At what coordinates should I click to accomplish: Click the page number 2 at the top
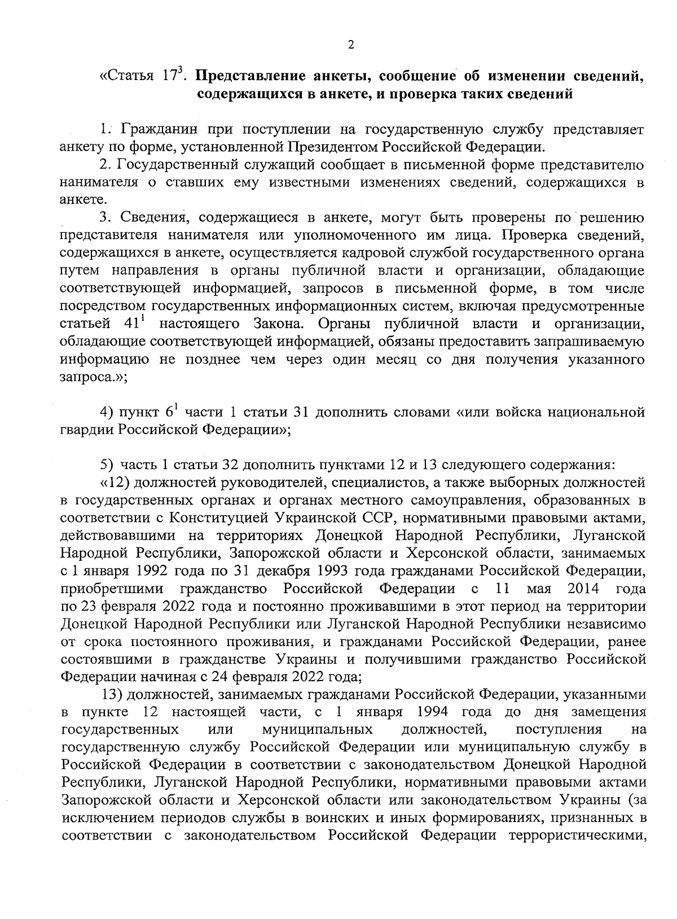350,46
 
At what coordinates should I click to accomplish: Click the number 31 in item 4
300,413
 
